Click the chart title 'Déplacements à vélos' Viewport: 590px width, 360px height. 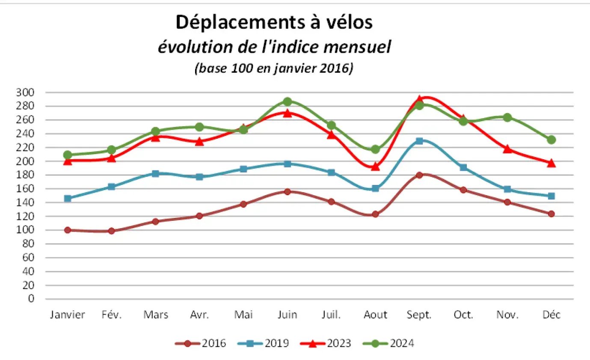pyautogui.click(x=274, y=23)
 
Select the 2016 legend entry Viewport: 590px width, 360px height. pyautogui.click(x=201, y=343)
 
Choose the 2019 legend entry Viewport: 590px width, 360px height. pyautogui.click(x=264, y=343)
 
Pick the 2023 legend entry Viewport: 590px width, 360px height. pyautogui.click(x=326, y=343)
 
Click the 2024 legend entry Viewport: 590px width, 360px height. pyautogui.click(x=388, y=343)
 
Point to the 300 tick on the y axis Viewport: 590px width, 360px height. pyautogui.click(x=24, y=92)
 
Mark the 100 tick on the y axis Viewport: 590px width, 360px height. pyautogui.click(x=24, y=230)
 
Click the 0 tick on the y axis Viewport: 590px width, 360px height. pyautogui.click(x=30, y=299)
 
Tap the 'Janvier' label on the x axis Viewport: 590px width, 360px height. pyautogui.click(x=68, y=315)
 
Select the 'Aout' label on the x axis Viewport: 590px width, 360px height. pyautogui.click(x=375, y=315)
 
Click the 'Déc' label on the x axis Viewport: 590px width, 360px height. pyautogui.click(x=551, y=315)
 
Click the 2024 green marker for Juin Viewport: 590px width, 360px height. pyautogui.click(x=288, y=101)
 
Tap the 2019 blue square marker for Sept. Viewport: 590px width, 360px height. pyautogui.click(x=419, y=141)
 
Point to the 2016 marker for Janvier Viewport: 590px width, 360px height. pyautogui.click(x=68, y=230)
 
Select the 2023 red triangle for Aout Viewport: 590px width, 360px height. pyautogui.click(x=375, y=167)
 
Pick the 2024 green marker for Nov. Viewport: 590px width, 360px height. pyautogui.click(x=507, y=117)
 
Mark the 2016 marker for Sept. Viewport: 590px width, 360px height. pyautogui.click(x=419, y=175)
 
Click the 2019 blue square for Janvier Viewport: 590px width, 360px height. pyautogui.click(x=68, y=198)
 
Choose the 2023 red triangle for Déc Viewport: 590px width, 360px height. pyautogui.click(x=551, y=163)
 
